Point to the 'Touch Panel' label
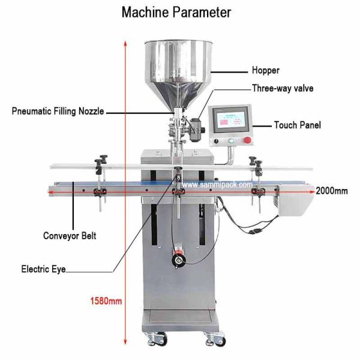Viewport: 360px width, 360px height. coord(297,125)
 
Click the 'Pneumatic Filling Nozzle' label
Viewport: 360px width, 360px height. coord(58,111)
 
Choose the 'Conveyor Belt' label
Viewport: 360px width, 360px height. coord(70,236)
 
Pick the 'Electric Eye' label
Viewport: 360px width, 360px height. coord(43,269)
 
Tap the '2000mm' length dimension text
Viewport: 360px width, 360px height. coord(331,190)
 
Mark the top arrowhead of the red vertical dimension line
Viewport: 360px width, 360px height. coord(124,43)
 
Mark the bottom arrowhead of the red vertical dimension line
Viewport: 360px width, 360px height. coord(124,339)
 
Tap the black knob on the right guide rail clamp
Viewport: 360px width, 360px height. coord(256,160)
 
